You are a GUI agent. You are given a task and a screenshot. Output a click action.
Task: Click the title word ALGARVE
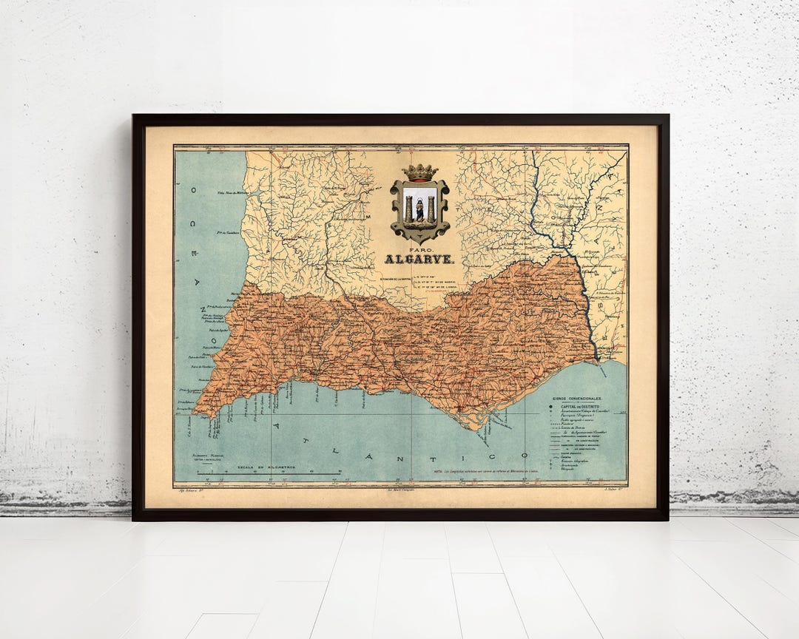(x=419, y=260)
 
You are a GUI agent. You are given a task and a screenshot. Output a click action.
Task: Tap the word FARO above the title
(x=419, y=249)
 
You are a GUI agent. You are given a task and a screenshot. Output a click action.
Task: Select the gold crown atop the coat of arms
(x=419, y=172)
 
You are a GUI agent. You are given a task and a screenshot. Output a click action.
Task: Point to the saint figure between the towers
(x=419, y=210)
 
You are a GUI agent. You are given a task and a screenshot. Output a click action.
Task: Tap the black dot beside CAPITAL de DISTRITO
(x=552, y=405)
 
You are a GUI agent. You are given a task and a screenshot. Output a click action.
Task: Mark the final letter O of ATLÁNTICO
(x=525, y=456)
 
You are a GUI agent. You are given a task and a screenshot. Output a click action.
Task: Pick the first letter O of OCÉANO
(x=194, y=190)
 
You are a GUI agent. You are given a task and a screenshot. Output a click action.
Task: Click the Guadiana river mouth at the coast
(x=598, y=362)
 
